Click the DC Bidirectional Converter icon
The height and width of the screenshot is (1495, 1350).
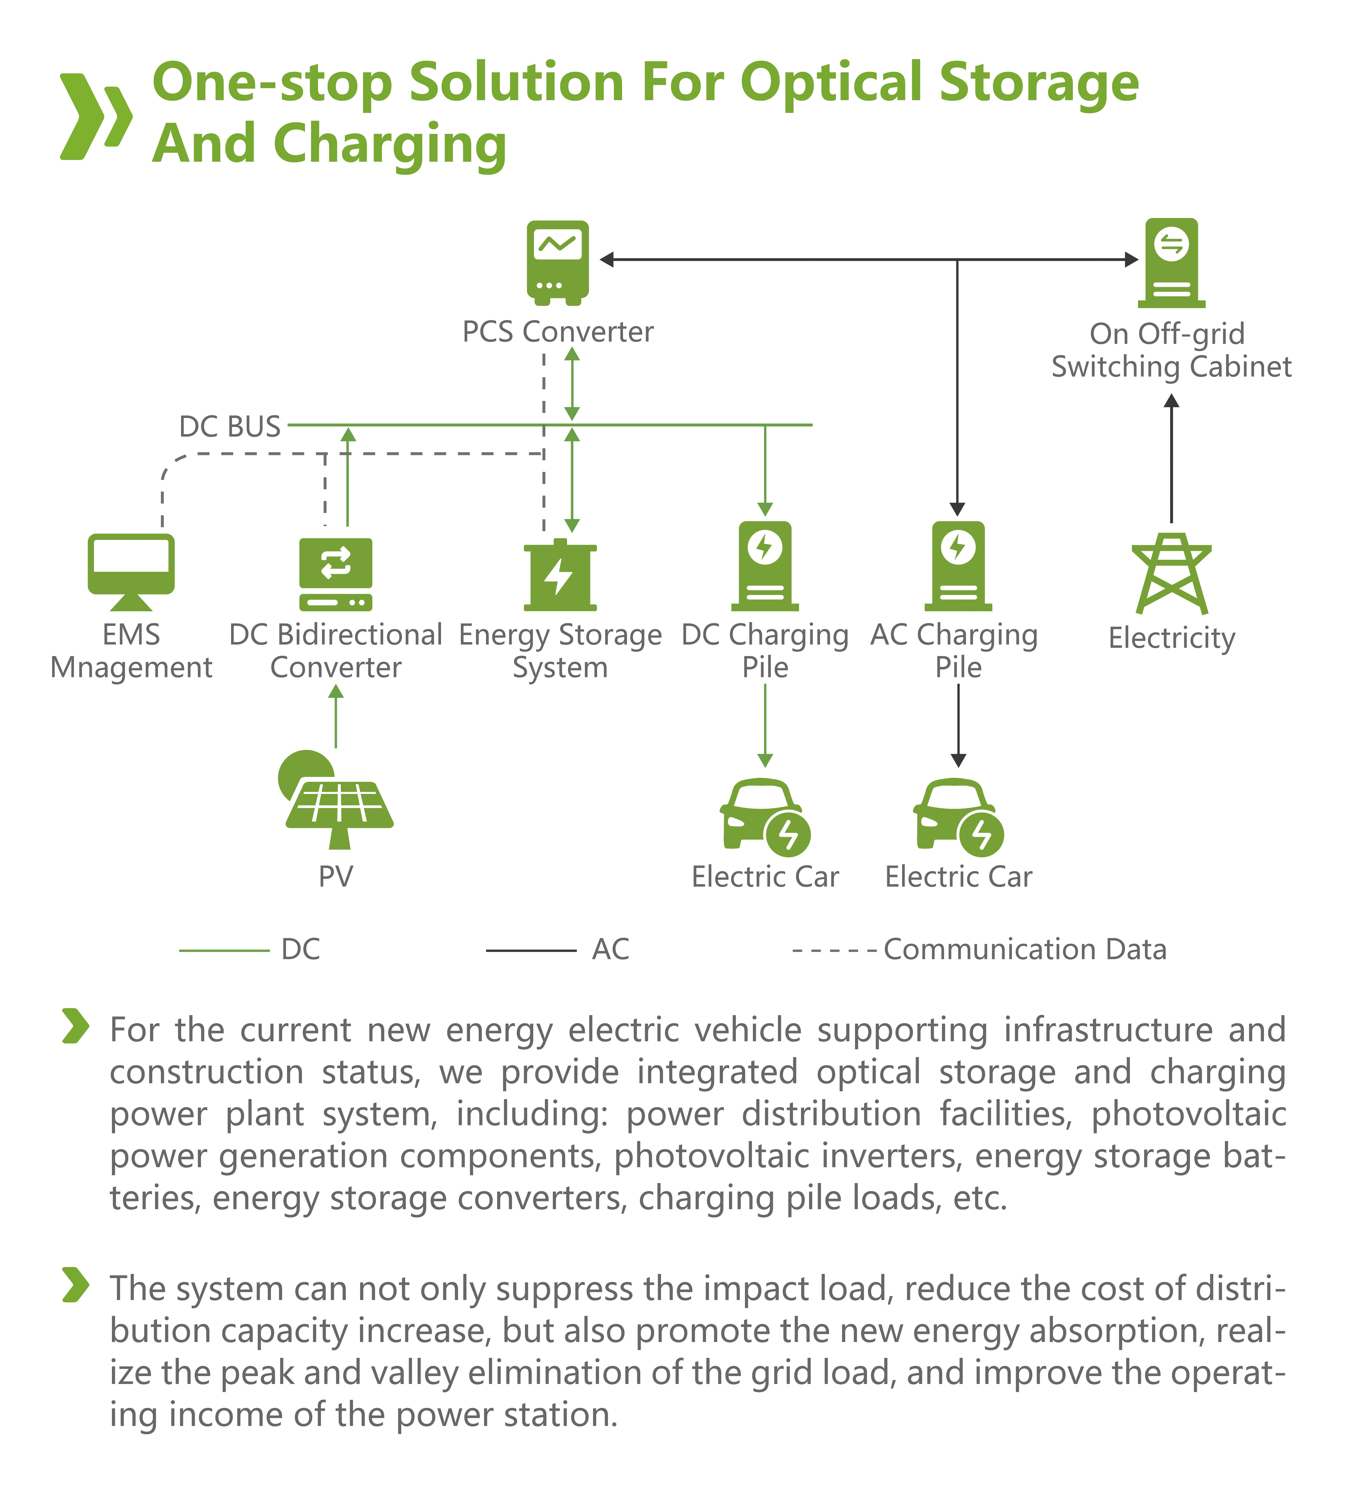tap(336, 573)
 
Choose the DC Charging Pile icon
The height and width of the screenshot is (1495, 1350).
tap(765, 566)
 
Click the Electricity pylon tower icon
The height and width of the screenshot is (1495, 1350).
tap(1171, 573)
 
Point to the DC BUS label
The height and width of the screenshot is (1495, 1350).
tap(230, 426)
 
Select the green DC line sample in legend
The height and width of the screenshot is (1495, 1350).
tap(224, 950)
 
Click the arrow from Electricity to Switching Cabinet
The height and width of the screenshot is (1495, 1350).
tap(1171, 460)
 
